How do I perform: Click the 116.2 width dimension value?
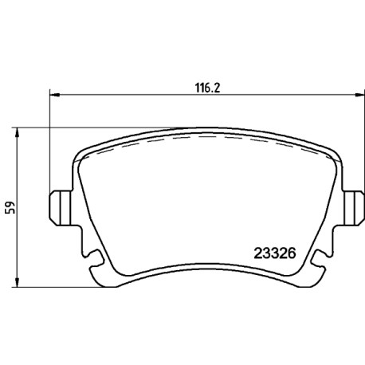point(208,88)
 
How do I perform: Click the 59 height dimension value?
point(11,208)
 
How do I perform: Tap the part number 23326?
point(275,253)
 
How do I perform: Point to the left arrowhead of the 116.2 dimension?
point(55,95)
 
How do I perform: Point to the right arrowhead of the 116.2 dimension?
point(359,95)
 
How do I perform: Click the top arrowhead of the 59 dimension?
point(17,132)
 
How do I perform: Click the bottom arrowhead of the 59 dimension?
point(17,282)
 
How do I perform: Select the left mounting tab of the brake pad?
point(61,208)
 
